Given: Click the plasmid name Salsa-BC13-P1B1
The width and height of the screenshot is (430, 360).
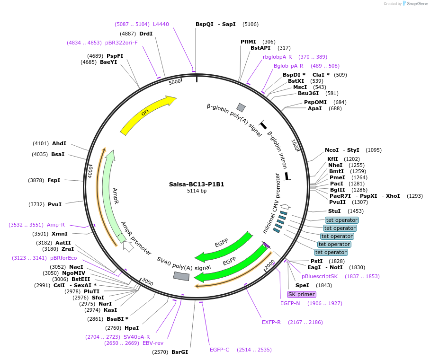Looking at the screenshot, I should (x=197, y=184).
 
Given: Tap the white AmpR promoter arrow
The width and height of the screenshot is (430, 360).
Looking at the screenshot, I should (x=128, y=246).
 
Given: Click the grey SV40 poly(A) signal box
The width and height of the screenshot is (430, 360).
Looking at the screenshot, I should (x=181, y=276).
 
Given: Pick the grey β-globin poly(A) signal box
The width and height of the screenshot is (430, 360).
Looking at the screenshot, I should (x=241, y=107).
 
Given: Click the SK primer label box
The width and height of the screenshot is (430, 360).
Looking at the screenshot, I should (x=301, y=294).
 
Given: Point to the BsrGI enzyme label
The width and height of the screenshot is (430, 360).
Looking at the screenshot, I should (x=179, y=352).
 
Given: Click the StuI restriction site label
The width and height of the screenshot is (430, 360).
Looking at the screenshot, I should (x=334, y=211).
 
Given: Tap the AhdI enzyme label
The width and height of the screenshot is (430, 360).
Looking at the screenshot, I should (x=59, y=143).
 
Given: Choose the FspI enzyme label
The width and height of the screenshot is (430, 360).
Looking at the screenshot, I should (x=54, y=180).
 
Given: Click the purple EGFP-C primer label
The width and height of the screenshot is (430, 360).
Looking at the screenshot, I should (x=219, y=350).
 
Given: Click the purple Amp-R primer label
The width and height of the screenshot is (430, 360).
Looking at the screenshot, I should (x=55, y=225).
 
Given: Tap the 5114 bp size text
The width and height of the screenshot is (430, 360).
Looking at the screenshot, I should (x=197, y=191).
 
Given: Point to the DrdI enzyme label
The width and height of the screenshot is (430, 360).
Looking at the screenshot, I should (x=146, y=34).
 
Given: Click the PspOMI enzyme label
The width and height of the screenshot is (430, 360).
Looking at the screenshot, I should (x=315, y=102).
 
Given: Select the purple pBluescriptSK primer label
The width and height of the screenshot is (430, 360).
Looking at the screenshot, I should (x=320, y=276).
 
